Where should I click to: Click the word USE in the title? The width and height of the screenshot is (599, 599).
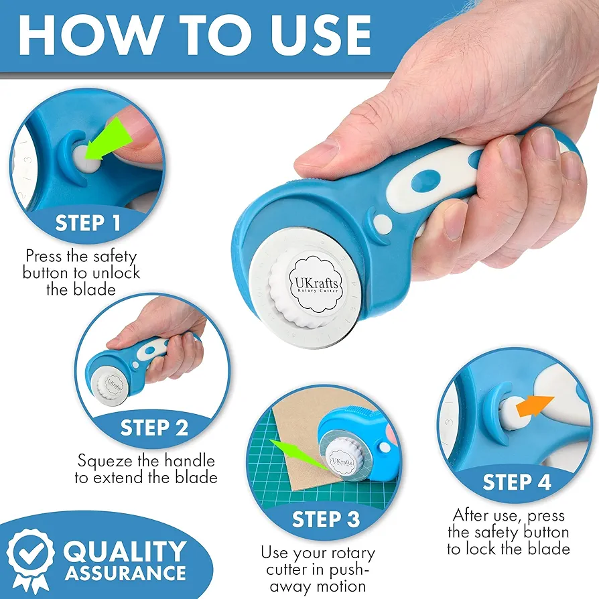point(321,35)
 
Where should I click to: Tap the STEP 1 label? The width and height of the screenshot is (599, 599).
point(88,222)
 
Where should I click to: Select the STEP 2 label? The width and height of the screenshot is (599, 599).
point(154,427)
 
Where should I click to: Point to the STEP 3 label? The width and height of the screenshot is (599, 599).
point(326,519)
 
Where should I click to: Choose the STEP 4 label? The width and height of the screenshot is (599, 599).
point(517,482)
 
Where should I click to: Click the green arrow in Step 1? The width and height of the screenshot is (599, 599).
point(108,139)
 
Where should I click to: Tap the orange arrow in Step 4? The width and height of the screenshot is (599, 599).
point(535,407)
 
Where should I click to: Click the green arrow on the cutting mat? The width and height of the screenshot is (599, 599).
point(298,454)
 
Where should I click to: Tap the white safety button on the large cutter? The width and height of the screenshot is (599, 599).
point(383,224)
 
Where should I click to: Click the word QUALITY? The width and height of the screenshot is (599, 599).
point(125,551)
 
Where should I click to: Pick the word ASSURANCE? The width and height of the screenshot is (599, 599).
point(125,574)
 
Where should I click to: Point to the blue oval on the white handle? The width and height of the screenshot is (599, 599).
point(425,181)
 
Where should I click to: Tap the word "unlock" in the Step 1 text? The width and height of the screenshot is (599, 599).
point(116,273)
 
